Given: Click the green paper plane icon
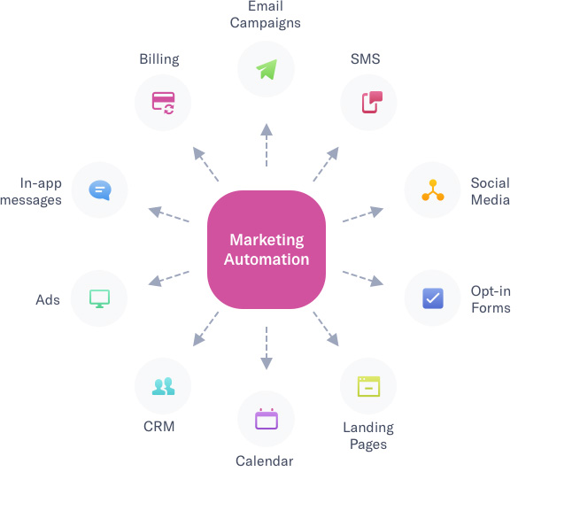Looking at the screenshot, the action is click(x=267, y=69).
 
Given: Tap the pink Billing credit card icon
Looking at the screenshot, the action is click(x=163, y=103).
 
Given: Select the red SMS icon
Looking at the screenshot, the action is click(x=372, y=102).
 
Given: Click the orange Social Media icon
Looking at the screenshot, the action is click(x=433, y=190).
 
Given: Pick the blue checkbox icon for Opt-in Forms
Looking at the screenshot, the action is click(x=433, y=298).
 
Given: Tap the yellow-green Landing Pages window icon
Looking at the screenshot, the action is click(x=368, y=386).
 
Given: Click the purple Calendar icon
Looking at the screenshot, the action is click(x=267, y=419).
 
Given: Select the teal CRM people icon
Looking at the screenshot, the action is click(x=163, y=386).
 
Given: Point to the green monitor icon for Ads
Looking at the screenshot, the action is click(x=99, y=298).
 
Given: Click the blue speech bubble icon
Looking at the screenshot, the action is click(x=100, y=190).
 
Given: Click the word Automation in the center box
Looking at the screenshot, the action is click(x=267, y=259).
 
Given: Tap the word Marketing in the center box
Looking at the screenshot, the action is click(x=267, y=240).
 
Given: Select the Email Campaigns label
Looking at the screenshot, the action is click(x=266, y=14).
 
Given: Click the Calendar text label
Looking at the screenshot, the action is click(x=265, y=461).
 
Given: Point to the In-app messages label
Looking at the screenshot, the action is click(x=31, y=191).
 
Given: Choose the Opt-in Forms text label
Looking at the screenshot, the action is click(x=491, y=299).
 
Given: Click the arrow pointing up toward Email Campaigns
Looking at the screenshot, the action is click(x=267, y=145).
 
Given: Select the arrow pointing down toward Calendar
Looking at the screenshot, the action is click(x=267, y=348).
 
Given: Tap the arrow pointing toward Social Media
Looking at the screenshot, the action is click(x=363, y=214).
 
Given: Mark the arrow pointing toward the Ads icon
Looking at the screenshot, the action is click(x=168, y=279).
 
